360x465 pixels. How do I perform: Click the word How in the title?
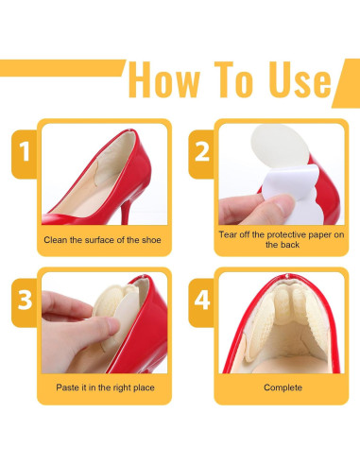click(164, 80)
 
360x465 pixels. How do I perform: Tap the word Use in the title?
click(300, 79)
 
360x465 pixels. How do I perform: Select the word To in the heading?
click(234, 79)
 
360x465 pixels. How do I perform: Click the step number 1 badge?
click(25, 154)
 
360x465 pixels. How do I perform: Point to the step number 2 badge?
click(201, 154)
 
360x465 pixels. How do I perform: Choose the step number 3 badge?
click(25, 302)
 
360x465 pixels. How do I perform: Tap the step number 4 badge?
click(201, 302)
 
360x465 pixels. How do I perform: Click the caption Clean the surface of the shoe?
click(102, 240)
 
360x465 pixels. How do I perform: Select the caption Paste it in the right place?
click(105, 387)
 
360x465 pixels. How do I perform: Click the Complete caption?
click(283, 387)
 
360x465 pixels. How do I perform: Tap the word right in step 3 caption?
click(122, 387)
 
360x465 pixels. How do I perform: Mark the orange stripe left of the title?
click(61, 68)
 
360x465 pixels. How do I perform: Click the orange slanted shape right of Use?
click(348, 83)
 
